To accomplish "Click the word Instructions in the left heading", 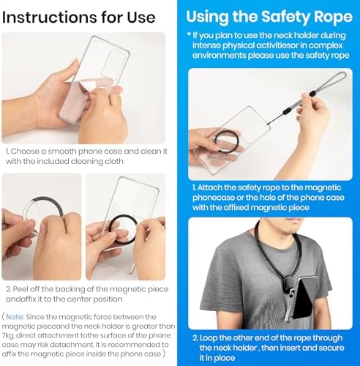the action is [48, 18].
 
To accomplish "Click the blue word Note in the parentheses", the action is [15, 317].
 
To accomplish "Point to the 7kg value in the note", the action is [8, 336].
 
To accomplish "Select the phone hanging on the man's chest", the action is [305, 299].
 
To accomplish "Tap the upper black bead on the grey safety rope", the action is [312, 94].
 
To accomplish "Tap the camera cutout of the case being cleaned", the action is [113, 63].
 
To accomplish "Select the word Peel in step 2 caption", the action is [19, 289].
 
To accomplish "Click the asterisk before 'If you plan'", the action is [189, 34].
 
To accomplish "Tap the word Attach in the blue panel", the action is [210, 187].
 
